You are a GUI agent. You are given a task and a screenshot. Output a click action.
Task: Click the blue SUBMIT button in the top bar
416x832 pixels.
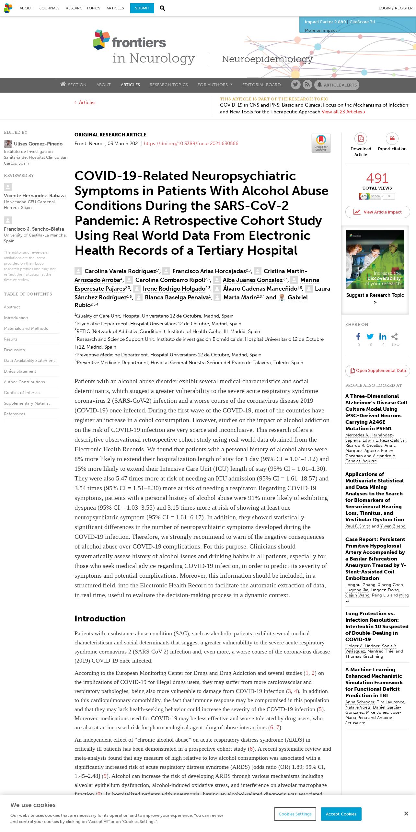(142, 8)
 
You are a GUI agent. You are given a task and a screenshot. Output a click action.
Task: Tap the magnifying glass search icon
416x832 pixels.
(162, 8)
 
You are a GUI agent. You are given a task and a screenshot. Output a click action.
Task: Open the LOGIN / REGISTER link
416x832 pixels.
(395, 8)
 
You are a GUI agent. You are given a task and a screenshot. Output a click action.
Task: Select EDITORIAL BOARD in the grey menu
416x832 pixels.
(261, 85)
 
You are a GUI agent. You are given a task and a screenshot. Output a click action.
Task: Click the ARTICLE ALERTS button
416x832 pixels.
(337, 85)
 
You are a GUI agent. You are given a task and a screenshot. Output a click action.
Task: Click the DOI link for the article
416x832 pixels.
(191, 144)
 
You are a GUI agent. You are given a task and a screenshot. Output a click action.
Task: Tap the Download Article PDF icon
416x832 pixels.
(361, 139)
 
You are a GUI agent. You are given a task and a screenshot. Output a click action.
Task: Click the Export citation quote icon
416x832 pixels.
(392, 139)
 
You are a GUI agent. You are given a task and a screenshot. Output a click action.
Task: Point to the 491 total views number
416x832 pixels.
(377, 178)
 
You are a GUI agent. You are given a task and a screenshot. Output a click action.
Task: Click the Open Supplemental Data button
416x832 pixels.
(377, 371)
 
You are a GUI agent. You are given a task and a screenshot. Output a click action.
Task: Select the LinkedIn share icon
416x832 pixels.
(383, 337)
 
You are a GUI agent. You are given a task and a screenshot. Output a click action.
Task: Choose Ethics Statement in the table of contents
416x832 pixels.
(20, 371)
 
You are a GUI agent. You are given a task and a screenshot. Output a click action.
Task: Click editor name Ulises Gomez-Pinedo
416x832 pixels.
(38, 144)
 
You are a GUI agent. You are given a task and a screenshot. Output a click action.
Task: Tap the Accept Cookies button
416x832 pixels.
(341, 814)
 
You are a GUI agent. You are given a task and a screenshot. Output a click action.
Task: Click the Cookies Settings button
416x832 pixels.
(295, 814)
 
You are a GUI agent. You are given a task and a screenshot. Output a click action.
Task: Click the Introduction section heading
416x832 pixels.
(100, 618)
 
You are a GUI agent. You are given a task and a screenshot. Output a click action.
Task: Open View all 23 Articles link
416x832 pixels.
(343, 112)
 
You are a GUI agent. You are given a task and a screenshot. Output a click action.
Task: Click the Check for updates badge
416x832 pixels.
(321, 143)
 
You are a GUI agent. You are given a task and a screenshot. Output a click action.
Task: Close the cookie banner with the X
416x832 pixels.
(406, 814)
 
